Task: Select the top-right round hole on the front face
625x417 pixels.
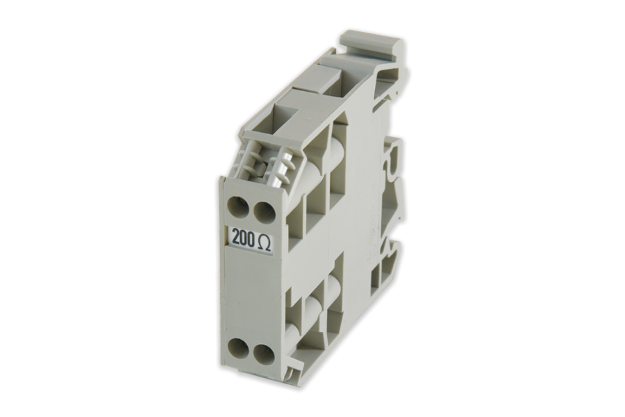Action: click(x=262, y=211)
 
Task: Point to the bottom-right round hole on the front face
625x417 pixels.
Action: click(x=262, y=352)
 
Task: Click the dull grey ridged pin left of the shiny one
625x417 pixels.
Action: click(x=253, y=162)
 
